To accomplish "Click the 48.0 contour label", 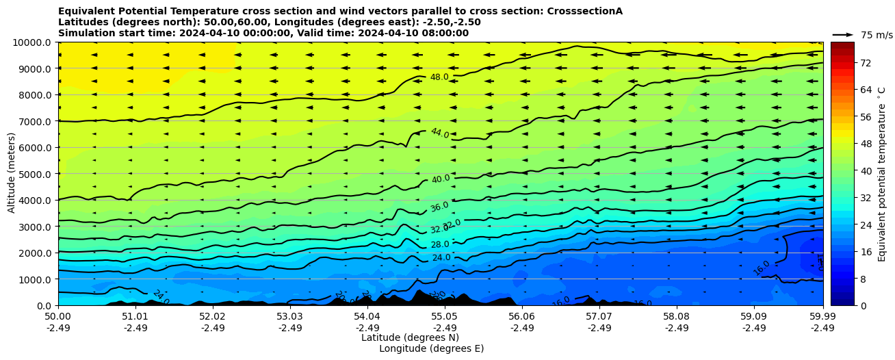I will [x=439, y=77].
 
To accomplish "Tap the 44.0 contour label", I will [x=439, y=133].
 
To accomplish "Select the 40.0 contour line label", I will [x=441, y=179].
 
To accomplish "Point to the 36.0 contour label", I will [x=439, y=207].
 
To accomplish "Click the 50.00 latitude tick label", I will [x=58, y=317].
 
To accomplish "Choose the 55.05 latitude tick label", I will [x=445, y=317].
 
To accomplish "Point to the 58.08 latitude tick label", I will [x=677, y=317].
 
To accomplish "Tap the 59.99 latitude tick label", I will [x=822, y=317].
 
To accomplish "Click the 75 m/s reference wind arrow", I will [x=843, y=34].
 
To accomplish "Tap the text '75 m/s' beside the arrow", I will [x=877, y=35].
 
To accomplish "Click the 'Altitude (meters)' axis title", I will [x=12, y=174].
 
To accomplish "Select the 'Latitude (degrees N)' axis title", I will [x=410, y=337].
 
